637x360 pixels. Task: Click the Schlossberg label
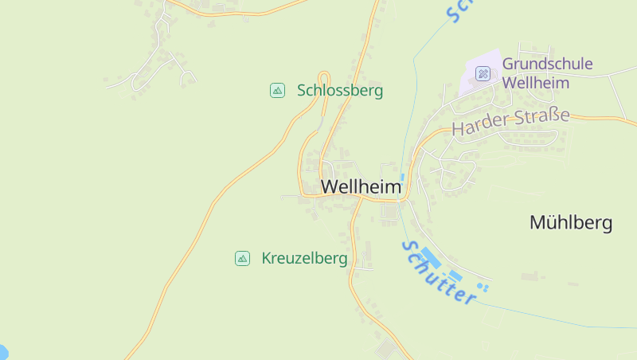click(340, 91)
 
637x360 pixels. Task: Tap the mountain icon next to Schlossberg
click(277, 90)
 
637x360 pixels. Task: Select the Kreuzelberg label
click(304, 259)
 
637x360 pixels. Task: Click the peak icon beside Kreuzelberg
click(242, 258)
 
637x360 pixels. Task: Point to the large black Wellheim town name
click(361, 186)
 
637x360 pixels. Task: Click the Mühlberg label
click(571, 223)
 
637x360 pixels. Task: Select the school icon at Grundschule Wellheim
click(483, 74)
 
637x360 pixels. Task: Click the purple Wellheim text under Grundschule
click(535, 83)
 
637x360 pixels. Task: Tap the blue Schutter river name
click(439, 272)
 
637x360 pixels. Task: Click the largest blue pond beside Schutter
click(431, 257)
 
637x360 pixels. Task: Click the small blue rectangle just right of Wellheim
click(403, 177)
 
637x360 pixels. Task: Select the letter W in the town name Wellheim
click(330, 186)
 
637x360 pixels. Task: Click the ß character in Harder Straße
click(552, 117)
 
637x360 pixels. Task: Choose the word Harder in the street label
click(475, 127)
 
